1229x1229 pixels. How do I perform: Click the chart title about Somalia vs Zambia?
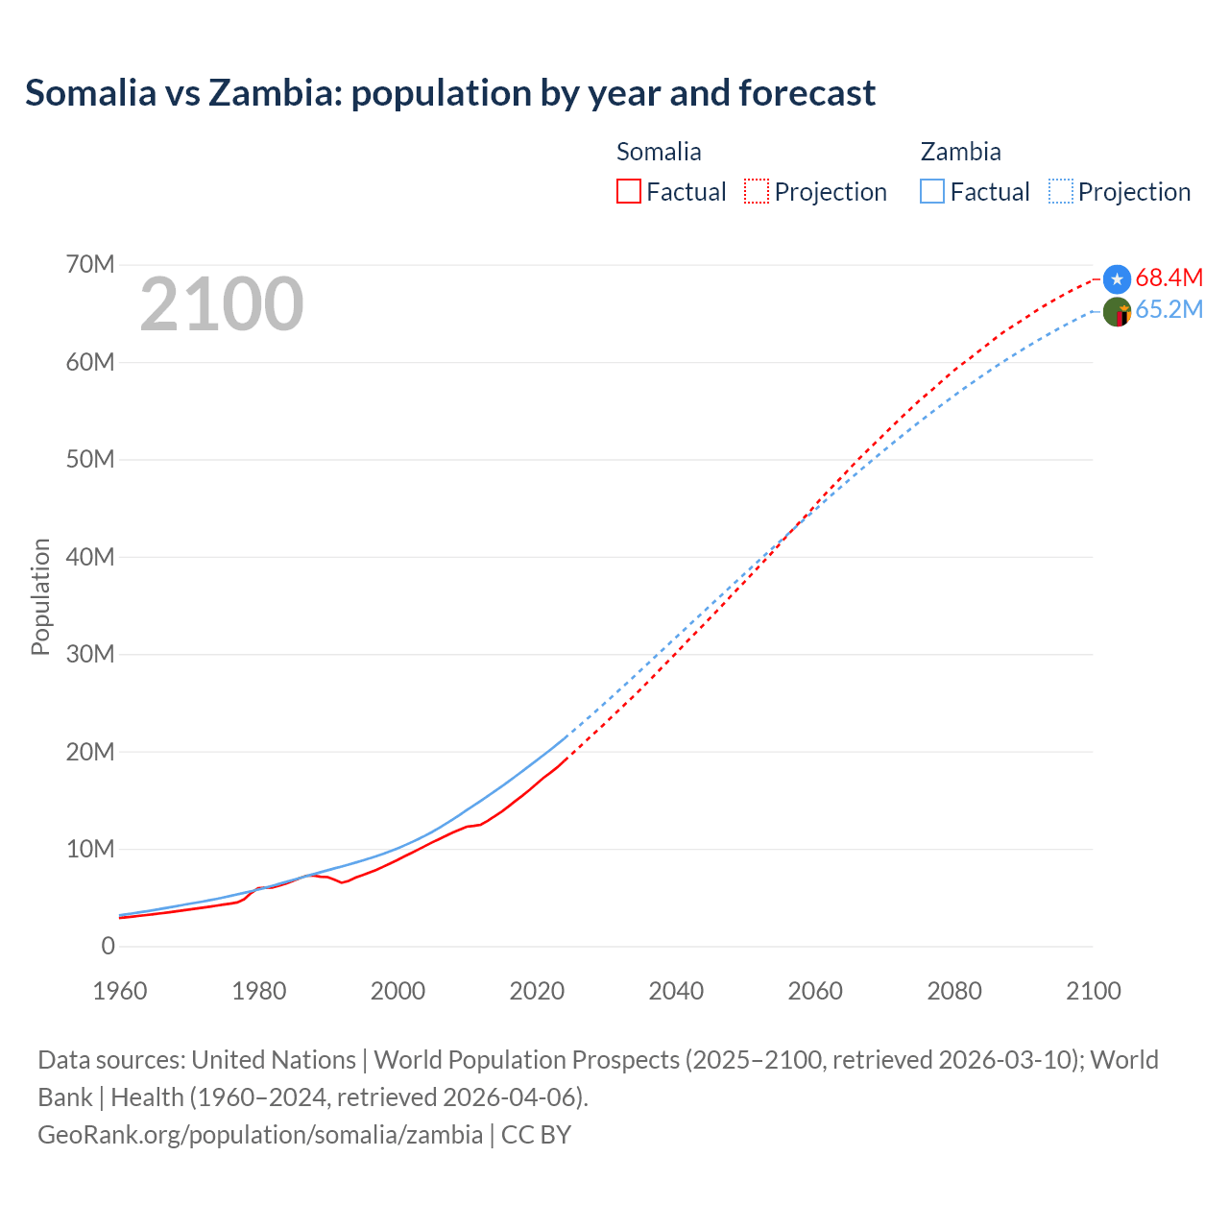pyautogui.click(x=449, y=93)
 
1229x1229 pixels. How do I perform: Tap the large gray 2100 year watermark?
pyautogui.click(x=222, y=304)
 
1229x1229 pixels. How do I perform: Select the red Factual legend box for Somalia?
pyautogui.click(x=629, y=192)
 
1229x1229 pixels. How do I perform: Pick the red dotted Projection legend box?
pyautogui.click(x=757, y=192)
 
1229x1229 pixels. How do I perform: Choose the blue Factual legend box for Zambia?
pyautogui.click(x=932, y=192)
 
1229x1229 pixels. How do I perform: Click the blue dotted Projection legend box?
pyautogui.click(x=1061, y=192)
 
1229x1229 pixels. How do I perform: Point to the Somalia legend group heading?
pyautogui.click(x=659, y=152)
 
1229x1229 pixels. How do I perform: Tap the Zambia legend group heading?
pyautogui.click(x=960, y=152)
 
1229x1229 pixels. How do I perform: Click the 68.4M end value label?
pyautogui.click(x=1169, y=277)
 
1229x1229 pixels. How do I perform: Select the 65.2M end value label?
pyautogui.click(x=1169, y=309)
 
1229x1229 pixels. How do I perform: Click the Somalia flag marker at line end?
pyautogui.click(x=1117, y=279)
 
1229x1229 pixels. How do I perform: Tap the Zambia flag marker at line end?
pyautogui.click(x=1117, y=312)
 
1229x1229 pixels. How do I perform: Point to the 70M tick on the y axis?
pyautogui.click(x=90, y=264)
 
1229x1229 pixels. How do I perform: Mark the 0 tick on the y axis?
pyautogui.click(x=108, y=946)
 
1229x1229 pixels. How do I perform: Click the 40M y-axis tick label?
pyautogui.click(x=90, y=557)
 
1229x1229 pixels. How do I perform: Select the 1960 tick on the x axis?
pyautogui.click(x=120, y=991)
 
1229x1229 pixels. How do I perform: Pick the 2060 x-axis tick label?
pyautogui.click(x=815, y=991)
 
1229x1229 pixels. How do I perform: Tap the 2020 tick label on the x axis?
pyautogui.click(x=537, y=991)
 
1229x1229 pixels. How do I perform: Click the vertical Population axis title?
pyautogui.click(x=40, y=596)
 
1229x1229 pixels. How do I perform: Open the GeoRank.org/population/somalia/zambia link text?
pyautogui.click(x=260, y=1135)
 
